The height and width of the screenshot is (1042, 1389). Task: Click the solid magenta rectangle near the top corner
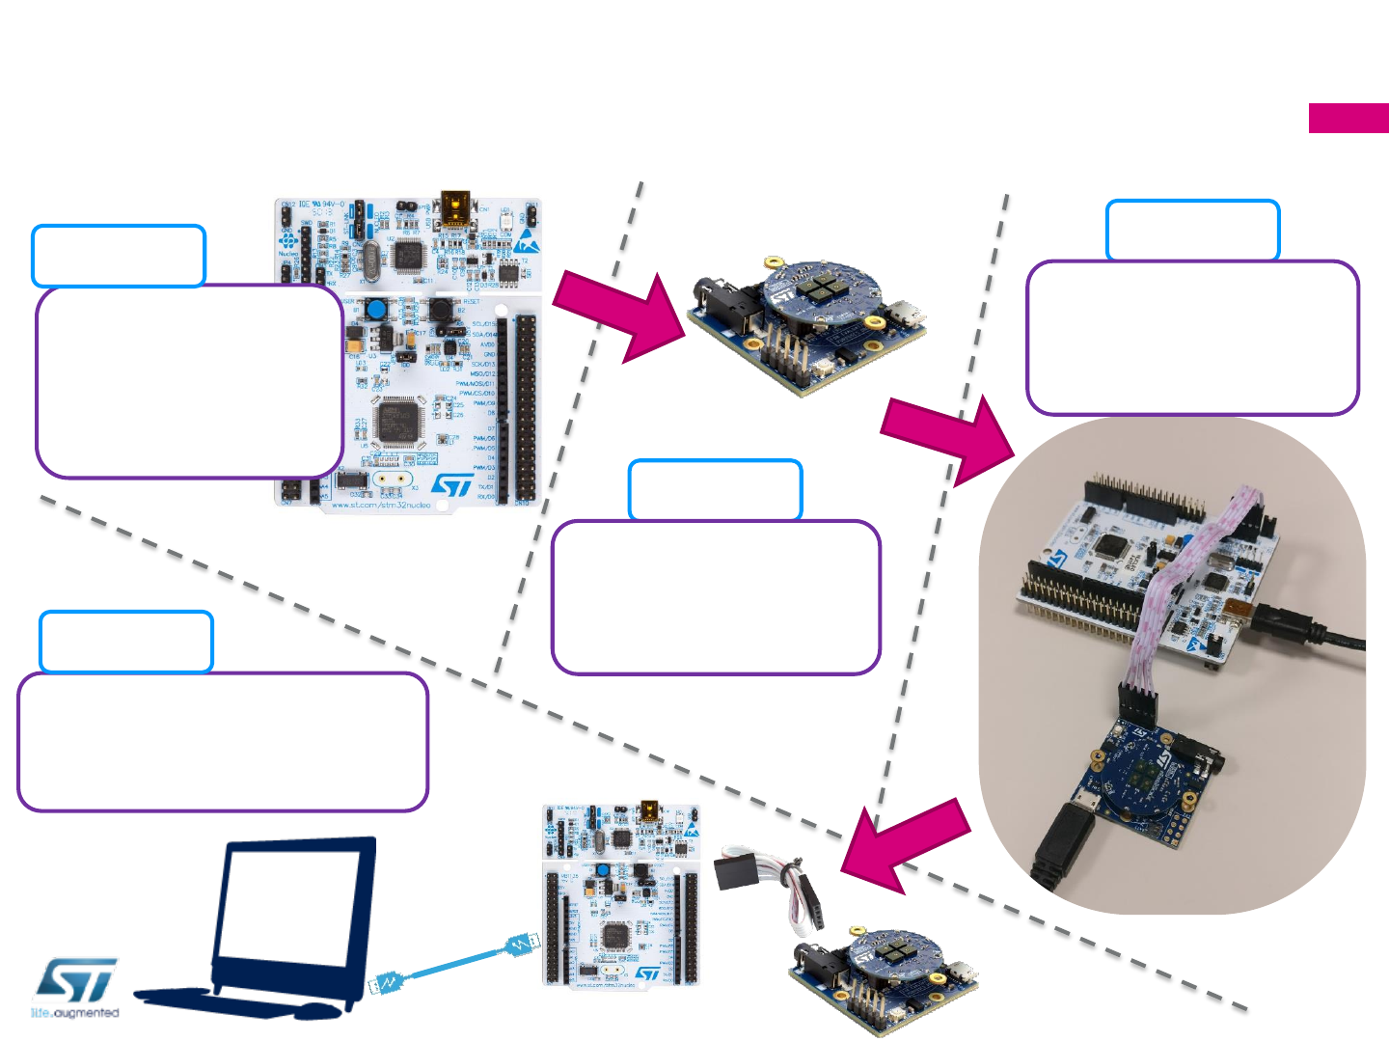1348,118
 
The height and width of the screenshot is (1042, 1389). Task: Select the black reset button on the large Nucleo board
441,310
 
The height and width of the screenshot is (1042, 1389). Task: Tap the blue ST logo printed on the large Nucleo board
452,483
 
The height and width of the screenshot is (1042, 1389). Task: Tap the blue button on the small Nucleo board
602,871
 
